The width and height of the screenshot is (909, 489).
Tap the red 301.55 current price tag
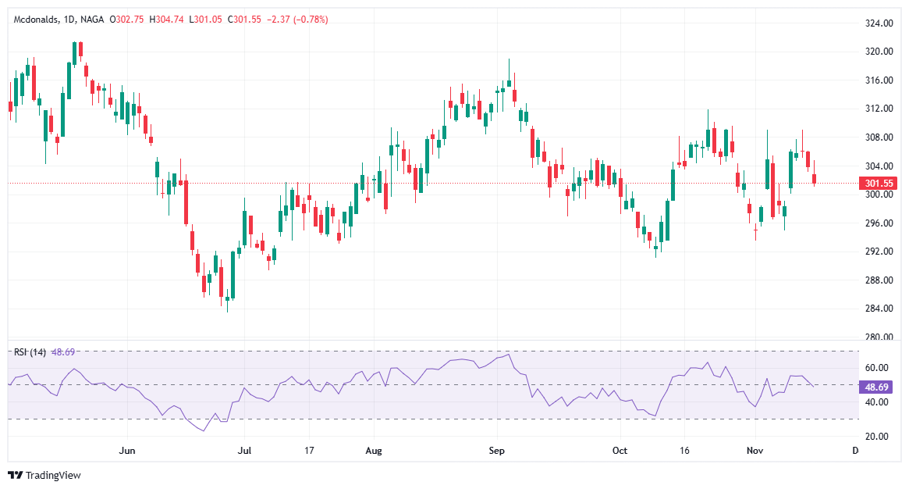click(879, 184)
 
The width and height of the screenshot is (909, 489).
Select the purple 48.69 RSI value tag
click(879, 387)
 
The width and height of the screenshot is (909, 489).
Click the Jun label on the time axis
click(128, 451)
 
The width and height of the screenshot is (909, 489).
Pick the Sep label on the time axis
click(497, 451)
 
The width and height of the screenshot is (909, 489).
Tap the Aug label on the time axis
click(374, 451)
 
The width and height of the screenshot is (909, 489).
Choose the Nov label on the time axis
click(755, 451)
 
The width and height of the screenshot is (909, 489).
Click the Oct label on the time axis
click(620, 451)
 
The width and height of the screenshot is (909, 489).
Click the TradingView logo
click(44, 475)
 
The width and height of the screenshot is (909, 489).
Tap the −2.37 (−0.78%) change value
click(297, 20)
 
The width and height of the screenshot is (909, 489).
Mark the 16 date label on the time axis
click(685, 451)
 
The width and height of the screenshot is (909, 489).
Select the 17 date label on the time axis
click(309, 451)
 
